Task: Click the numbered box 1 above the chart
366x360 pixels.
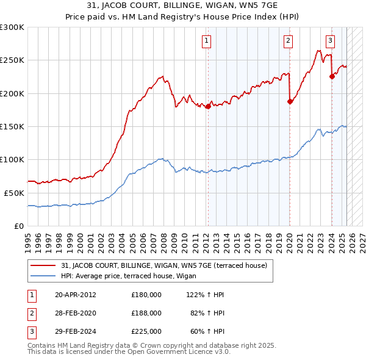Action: pyautogui.click(x=207, y=41)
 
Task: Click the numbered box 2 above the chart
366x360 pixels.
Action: pyautogui.click(x=288, y=41)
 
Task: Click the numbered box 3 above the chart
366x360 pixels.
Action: pyautogui.click(x=330, y=41)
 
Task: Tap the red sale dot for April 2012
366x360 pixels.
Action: pyautogui.click(x=208, y=106)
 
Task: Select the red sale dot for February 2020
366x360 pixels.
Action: pyautogui.click(x=290, y=102)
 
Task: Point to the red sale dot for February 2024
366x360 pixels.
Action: pyautogui.click(x=332, y=77)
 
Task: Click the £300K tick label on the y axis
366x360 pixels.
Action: pyautogui.click(x=12, y=27)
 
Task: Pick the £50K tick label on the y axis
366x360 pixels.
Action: pyautogui.click(x=14, y=193)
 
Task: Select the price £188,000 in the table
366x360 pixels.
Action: pyautogui.click(x=146, y=313)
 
